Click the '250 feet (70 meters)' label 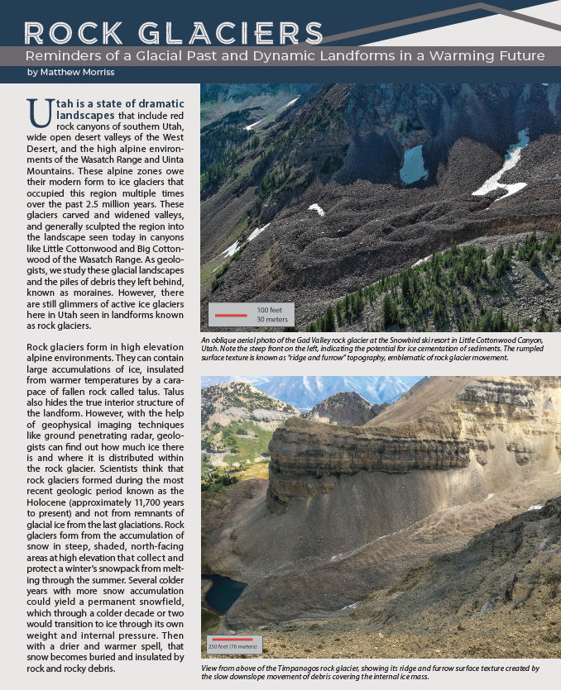pos(233,646)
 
